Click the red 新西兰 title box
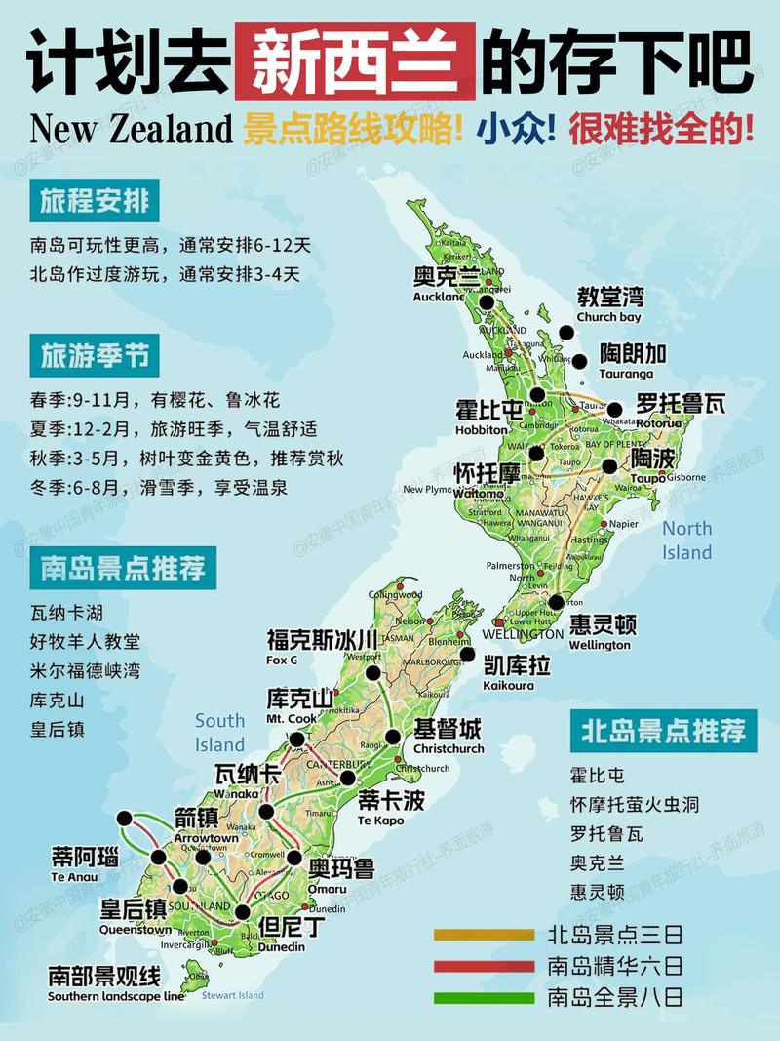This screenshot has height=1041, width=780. click(355, 61)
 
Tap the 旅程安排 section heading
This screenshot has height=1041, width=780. click(95, 202)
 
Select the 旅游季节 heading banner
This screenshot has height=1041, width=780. click(95, 356)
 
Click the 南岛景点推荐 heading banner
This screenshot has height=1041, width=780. click(123, 567)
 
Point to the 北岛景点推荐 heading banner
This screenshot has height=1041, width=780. click(663, 731)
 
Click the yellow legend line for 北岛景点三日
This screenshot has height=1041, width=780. click(484, 935)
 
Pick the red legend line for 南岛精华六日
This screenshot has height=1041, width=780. click(484, 967)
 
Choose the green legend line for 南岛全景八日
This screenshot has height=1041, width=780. click(484, 998)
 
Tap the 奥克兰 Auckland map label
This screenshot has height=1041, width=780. click(446, 282)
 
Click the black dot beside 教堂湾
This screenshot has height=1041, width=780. click(566, 333)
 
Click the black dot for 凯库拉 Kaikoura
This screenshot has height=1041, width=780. click(467, 655)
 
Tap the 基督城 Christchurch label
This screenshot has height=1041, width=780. click(448, 736)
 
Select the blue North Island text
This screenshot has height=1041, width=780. click(687, 541)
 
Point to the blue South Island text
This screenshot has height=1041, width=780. click(220, 733)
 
